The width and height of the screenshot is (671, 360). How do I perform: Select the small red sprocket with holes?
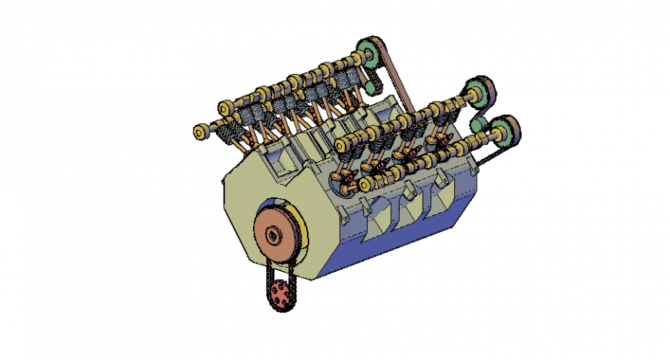(x=281, y=293)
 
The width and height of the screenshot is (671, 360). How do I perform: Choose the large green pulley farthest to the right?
(x=505, y=131)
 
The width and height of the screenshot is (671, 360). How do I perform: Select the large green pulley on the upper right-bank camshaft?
(x=477, y=93)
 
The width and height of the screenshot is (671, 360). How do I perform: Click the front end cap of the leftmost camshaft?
(x=199, y=133)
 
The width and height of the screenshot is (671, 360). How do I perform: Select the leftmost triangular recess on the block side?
(x=376, y=220)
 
